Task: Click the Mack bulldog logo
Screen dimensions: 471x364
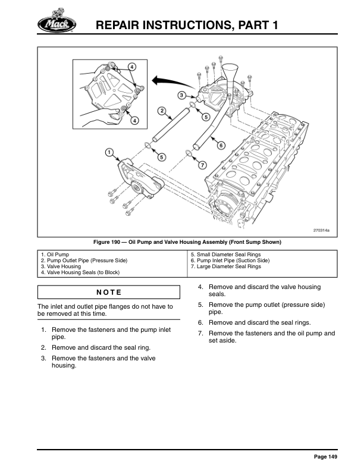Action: coord(57,23)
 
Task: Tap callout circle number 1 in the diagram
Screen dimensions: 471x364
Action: coord(109,152)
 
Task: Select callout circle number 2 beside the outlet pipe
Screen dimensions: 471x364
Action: coord(161,111)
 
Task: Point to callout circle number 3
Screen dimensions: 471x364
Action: coord(181,95)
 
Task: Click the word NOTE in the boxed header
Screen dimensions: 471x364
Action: coord(108,292)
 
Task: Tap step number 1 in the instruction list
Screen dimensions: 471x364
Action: coord(43,329)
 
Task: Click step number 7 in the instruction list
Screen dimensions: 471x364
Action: coord(201,333)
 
